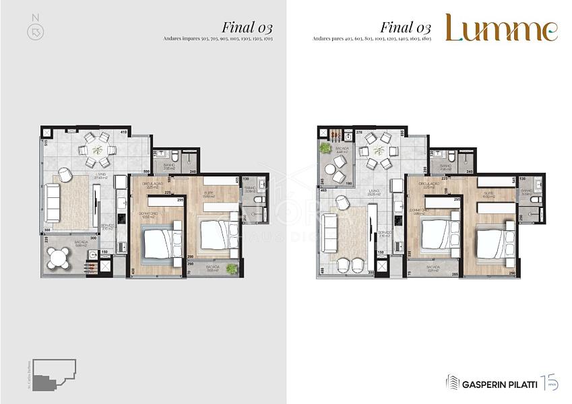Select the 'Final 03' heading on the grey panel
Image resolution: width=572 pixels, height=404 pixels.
[247, 28]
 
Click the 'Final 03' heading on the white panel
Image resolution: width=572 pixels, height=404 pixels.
[405, 28]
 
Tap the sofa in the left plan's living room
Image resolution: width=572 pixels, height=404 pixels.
[54, 199]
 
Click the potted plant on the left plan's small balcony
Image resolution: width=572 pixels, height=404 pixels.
[232, 268]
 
